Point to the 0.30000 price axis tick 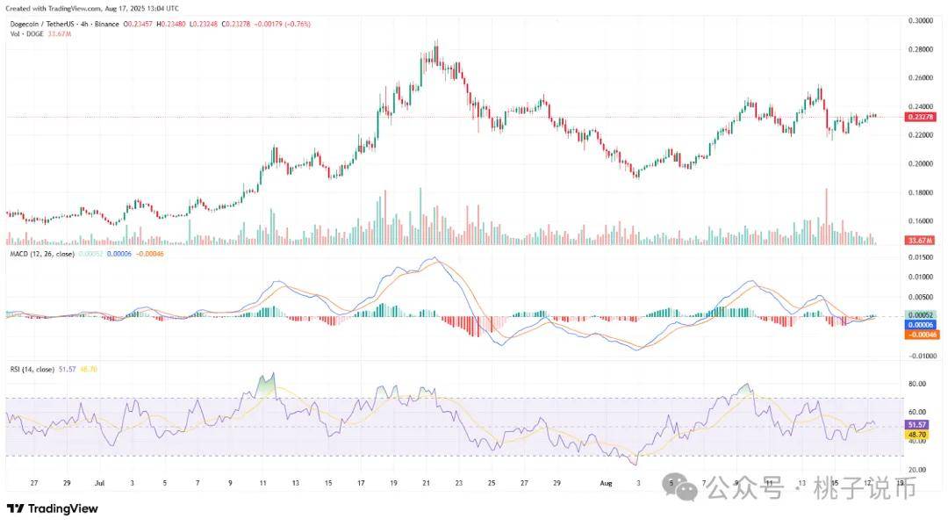(922, 19)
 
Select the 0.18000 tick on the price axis (922, 192)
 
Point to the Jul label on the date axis (99, 483)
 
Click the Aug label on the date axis (604, 483)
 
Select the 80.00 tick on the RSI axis (918, 384)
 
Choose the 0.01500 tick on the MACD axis (922, 257)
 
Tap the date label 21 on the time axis (427, 483)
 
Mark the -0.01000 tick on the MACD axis (922, 356)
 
